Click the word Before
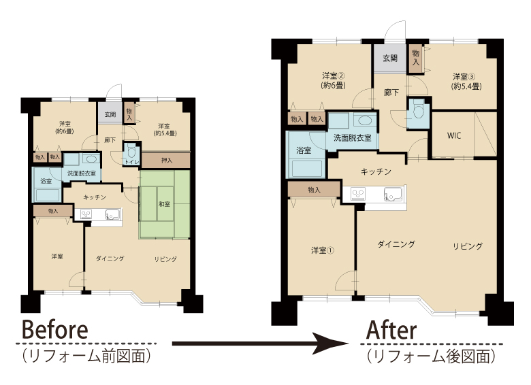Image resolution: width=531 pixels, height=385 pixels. coord(55,329)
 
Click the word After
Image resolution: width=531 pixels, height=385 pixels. coord(391,330)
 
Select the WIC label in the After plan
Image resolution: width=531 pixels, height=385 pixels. coord(454,135)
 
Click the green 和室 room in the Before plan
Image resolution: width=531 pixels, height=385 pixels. coord(165,205)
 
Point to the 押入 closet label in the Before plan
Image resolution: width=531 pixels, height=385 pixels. coord(166,161)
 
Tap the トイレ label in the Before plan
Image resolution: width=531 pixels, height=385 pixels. coord(132,162)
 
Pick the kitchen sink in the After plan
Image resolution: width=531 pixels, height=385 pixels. coord(394,194)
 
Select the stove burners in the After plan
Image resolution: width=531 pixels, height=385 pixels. coord(358,194)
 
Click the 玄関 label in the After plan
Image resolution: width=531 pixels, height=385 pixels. coord(390,58)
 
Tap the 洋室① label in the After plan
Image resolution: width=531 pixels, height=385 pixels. coord(323,250)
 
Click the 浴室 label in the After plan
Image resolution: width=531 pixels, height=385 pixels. coord(304,150)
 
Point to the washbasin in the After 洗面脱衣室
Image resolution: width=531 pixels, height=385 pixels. coord(364,120)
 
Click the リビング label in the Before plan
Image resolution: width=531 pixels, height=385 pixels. coord(165,259)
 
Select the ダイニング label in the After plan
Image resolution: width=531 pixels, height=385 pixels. coord(396,244)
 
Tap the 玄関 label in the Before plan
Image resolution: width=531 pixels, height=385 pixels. coord(110,114)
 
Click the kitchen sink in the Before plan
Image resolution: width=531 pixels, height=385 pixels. coord(113,214)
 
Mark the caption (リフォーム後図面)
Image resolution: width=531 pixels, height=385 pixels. coord(431,356)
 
